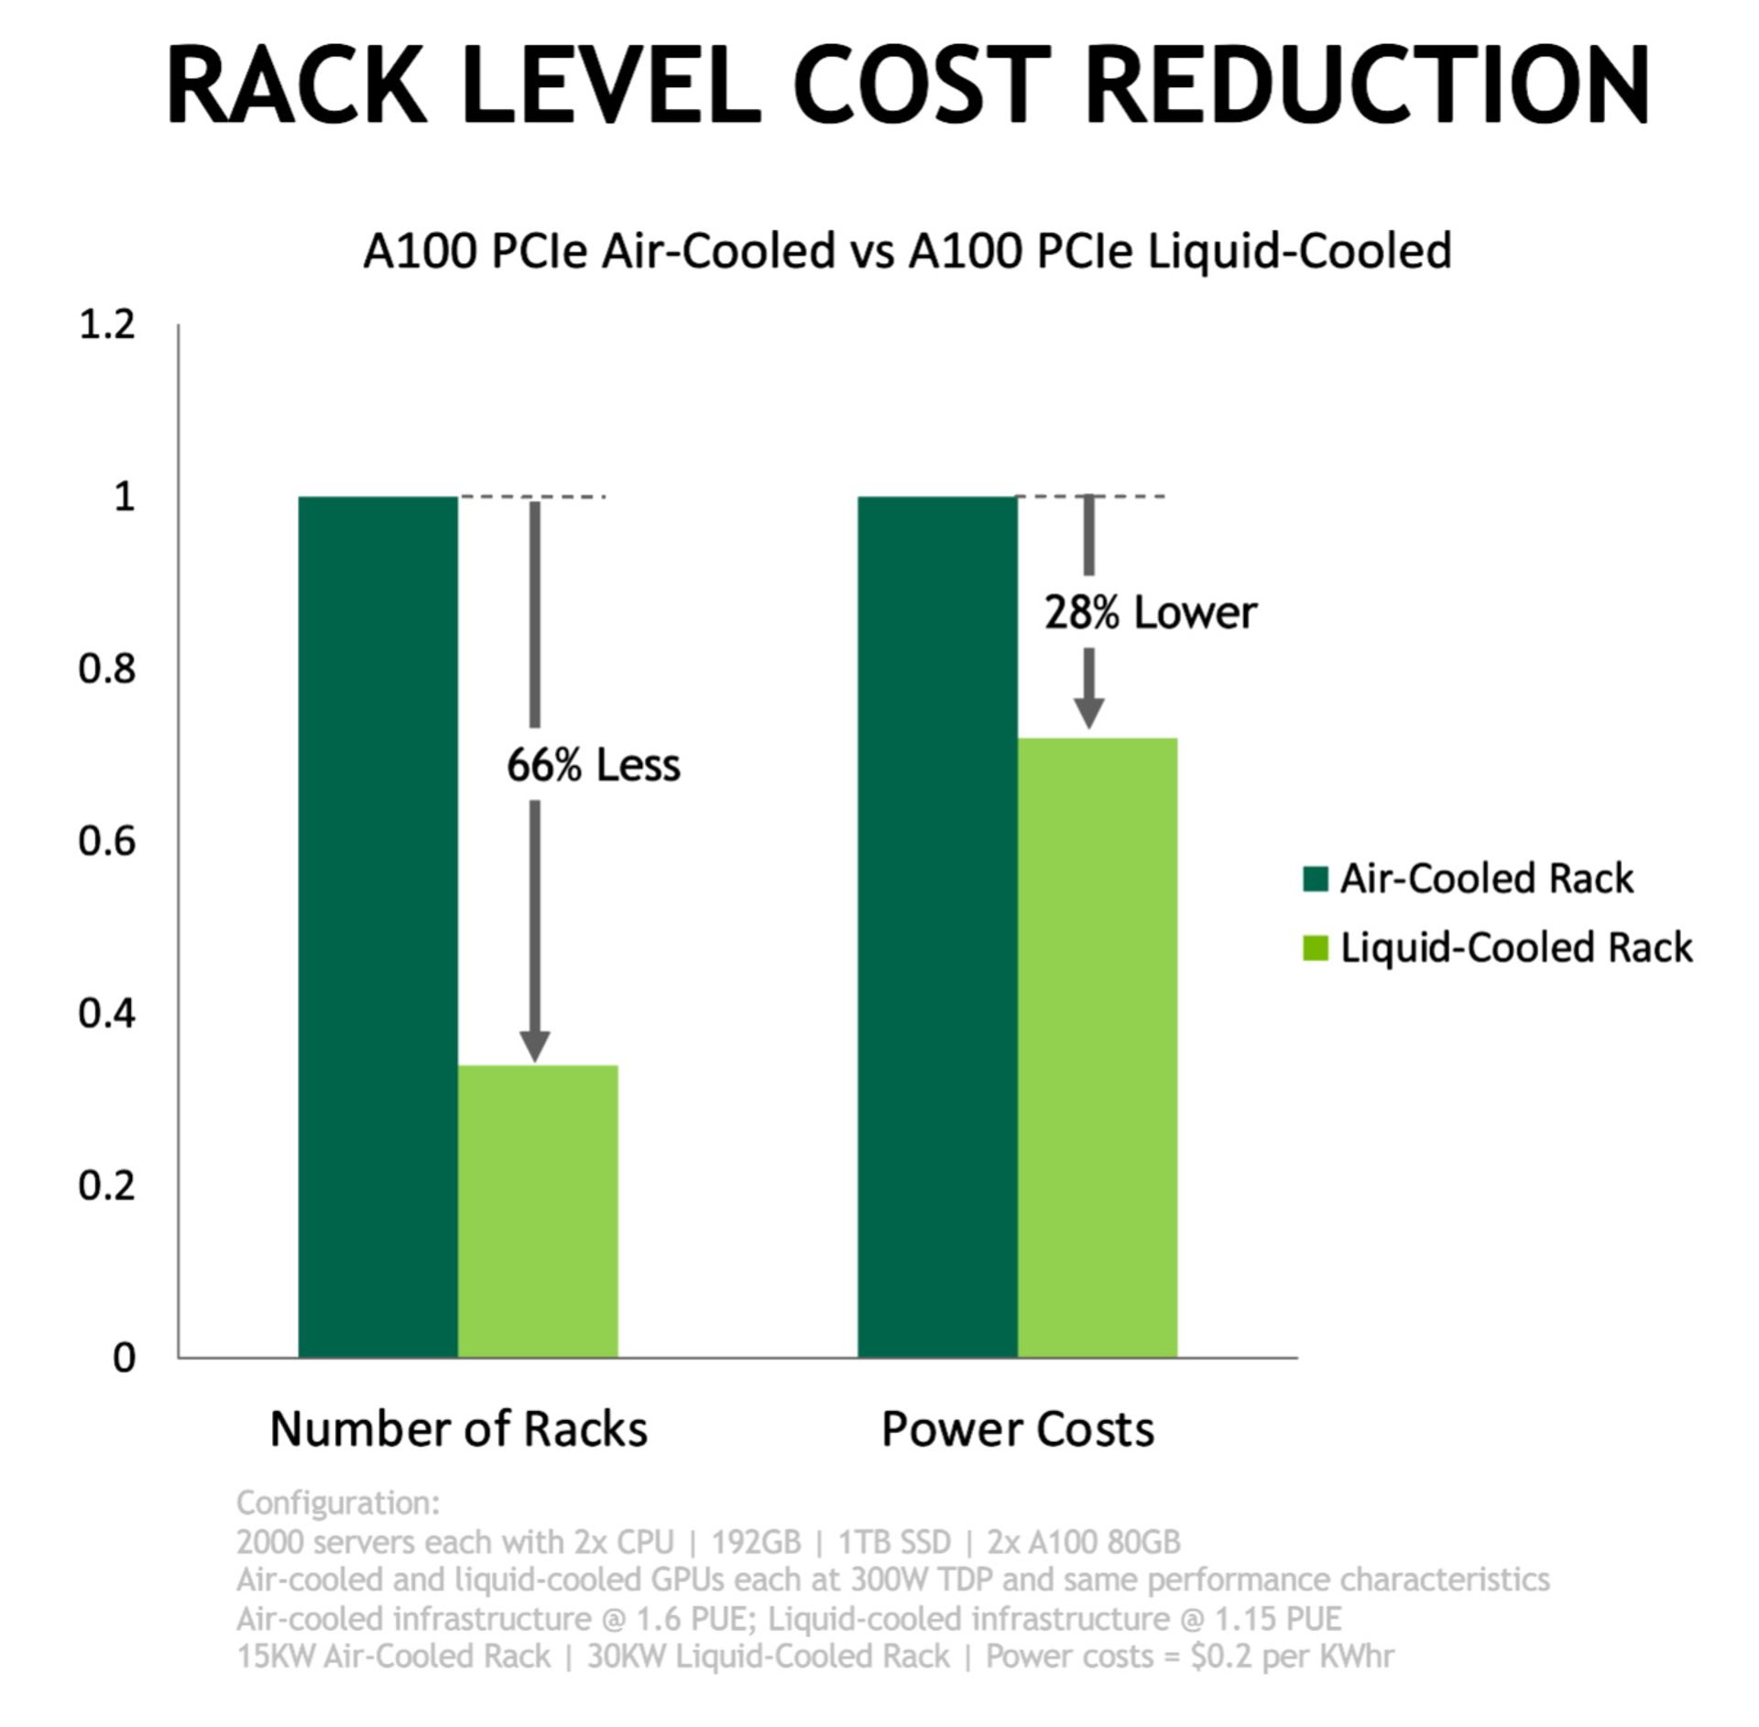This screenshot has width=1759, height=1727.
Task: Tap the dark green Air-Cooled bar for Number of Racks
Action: tap(377, 925)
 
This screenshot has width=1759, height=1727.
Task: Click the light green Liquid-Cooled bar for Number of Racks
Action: tap(538, 1210)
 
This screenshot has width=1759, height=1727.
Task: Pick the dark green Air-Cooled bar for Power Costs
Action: tap(936, 925)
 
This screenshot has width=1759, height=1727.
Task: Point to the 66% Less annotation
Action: tap(593, 765)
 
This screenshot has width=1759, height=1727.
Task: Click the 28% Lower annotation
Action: tap(1150, 612)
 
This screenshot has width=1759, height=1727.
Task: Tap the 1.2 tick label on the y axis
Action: tap(107, 324)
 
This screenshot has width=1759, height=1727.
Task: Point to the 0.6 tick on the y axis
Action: tap(107, 841)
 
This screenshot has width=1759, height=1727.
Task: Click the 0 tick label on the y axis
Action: tap(124, 1357)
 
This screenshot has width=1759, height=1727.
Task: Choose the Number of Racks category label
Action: tap(458, 1428)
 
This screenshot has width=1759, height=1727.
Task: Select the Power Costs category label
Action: tap(1017, 1428)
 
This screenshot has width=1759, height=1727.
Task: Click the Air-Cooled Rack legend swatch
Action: tap(1315, 880)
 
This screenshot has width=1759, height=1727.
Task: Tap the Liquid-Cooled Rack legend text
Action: tap(1516, 947)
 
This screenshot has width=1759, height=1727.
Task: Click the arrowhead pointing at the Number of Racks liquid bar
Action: tap(535, 1045)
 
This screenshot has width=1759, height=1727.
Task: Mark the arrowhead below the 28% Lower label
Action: tap(1088, 712)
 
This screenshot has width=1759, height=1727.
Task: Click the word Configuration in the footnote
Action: tap(337, 1503)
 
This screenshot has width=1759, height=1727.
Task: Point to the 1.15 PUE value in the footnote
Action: tap(1278, 1619)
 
